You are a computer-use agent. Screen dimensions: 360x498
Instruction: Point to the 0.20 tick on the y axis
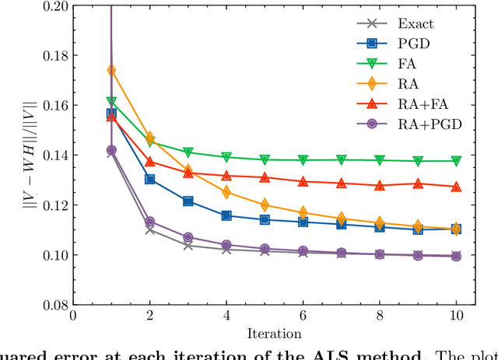(x=52, y=6)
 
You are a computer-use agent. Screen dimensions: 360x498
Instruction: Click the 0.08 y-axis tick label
(x=52, y=305)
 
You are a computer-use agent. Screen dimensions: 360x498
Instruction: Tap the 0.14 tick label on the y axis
(x=52, y=156)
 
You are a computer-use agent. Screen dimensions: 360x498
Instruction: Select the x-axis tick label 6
(x=303, y=317)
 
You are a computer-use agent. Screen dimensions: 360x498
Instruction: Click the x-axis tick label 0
(x=73, y=317)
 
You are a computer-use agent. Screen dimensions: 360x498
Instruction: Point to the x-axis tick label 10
(x=455, y=317)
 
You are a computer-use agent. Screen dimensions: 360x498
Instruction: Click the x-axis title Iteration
(x=265, y=334)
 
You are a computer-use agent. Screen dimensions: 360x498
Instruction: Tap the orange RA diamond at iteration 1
(x=111, y=71)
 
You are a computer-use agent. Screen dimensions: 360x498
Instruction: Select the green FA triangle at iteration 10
(x=456, y=161)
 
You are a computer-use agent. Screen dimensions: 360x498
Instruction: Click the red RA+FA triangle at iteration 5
(x=265, y=177)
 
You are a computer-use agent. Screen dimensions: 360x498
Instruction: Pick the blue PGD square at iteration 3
(x=188, y=201)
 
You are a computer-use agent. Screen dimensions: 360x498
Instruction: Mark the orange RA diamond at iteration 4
(x=226, y=192)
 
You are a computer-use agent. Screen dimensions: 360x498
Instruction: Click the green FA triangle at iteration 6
(x=303, y=159)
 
